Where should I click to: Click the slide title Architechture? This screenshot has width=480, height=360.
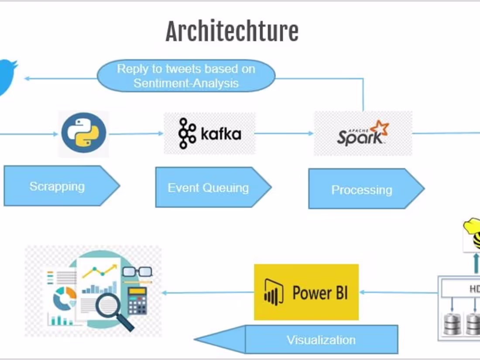click(x=232, y=31)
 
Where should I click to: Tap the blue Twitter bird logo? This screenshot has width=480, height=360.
click(x=7, y=76)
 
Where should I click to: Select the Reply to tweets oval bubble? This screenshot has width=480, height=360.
click(x=186, y=76)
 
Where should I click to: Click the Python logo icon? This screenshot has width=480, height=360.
click(x=84, y=133)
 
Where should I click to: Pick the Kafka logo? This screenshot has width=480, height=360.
click(x=209, y=134)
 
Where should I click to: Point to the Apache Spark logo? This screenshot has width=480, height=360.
click(x=363, y=133)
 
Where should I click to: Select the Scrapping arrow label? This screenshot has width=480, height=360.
click(x=57, y=186)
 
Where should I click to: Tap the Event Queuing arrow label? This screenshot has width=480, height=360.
click(x=209, y=188)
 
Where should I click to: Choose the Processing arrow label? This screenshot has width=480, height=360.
click(x=362, y=190)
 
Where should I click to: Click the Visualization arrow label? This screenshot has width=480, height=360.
click(x=321, y=339)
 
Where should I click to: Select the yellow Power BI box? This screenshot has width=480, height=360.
click(x=306, y=292)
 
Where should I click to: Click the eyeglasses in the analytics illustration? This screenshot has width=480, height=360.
click(x=137, y=272)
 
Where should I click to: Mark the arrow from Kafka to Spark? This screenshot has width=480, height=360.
click(x=284, y=133)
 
